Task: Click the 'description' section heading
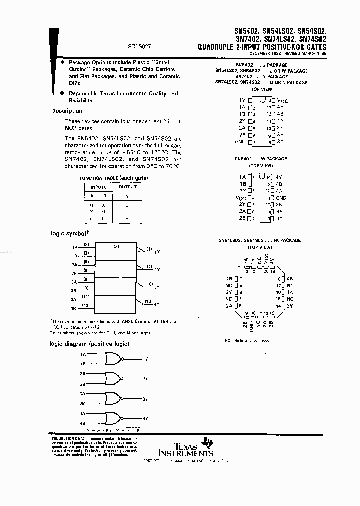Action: [x=67, y=111]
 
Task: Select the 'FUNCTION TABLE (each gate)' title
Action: [x=113, y=178]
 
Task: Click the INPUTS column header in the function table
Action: [x=98, y=187]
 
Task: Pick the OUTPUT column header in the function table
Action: [x=127, y=187]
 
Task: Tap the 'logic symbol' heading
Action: [x=70, y=233]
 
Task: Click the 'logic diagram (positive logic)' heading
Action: [x=89, y=343]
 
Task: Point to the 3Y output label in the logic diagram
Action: [x=145, y=398]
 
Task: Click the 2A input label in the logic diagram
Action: [x=82, y=373]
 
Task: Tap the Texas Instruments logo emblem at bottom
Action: [x=204, y=443]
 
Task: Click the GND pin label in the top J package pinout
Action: [x=240, y=142]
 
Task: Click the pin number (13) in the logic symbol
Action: [x=149, y=301]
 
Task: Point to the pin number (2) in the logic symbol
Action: [x=86, y=244]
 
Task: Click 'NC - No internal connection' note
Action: [x=248, y=340]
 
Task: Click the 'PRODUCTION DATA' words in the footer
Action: [x=66, y=438]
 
